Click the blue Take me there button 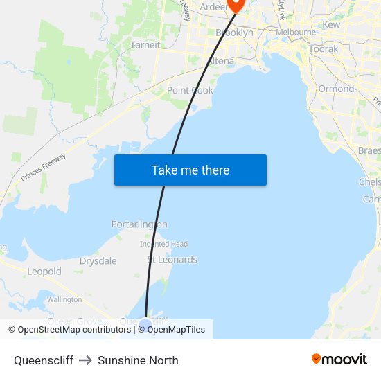pyautogui.click(x=190, y=170)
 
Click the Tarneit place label pyautogui.click(x=145, y=45)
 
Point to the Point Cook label pyautogui.click(x=190, y=90)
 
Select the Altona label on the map pyautogui.click(x=221, y=61)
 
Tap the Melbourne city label pyautogui.click(x=296, y=33)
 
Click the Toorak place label pyautogui.click(x=324, y=49)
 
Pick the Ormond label pyautogui.click(x=336, y=89)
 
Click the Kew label pyautogui.click(x=331, y=24)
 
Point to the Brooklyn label pyautogui.click(x=234, y=33)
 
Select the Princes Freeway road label pyautogui.click(x=43, y=168)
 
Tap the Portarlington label pyautogui.click(x=139, y=224)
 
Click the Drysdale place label pyautogui.click(x=98, y=261)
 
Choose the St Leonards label pyautogui.click(x=172, y=260)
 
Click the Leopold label pyautogui.click(x=44, y=272)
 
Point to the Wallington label pyautogui.click(x=64, y=299)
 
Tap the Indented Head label pyautogui.click(x=163, y=244)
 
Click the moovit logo pyautogui.click(x=339, y=359)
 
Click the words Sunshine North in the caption pyautogui.click(x=138, y=360)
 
